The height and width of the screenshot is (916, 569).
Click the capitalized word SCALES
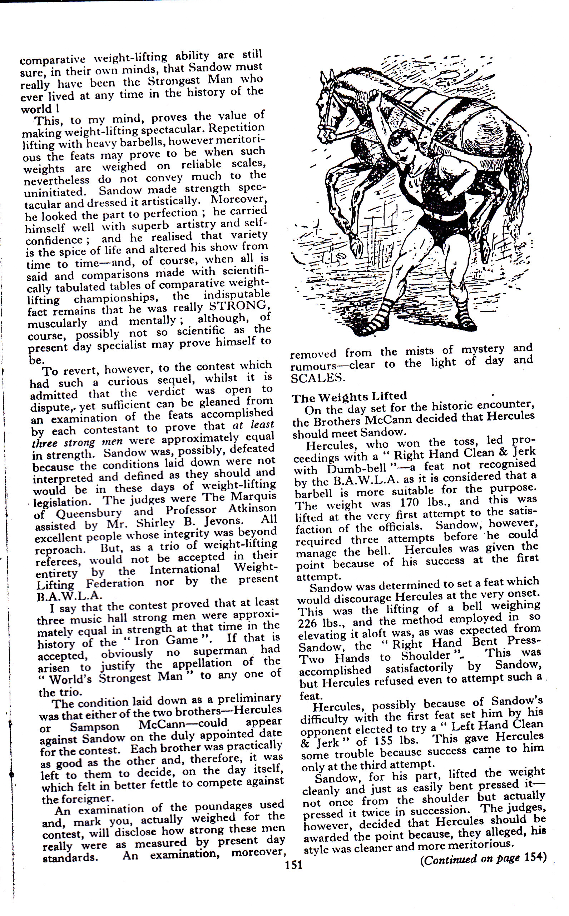pos(318,378)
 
